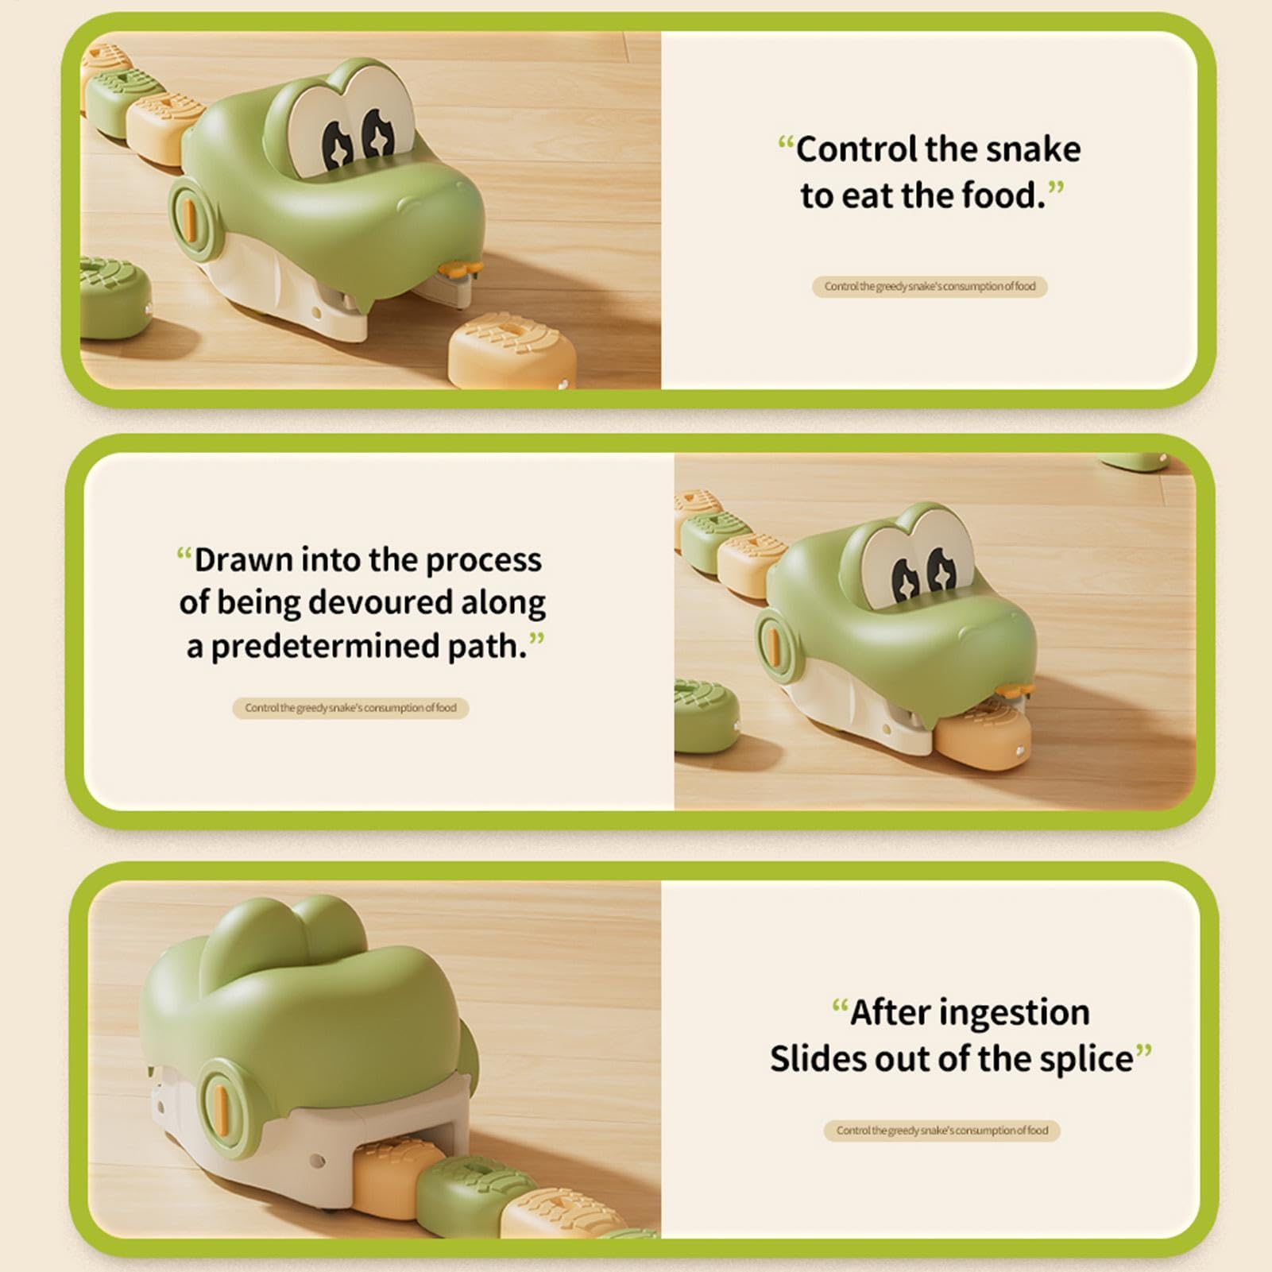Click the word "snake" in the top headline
1030,149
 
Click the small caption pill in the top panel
930,286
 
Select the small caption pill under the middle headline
350,708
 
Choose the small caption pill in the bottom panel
941,1131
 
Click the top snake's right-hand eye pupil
377,138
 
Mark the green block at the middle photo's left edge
706,717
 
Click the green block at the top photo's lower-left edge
114,297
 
